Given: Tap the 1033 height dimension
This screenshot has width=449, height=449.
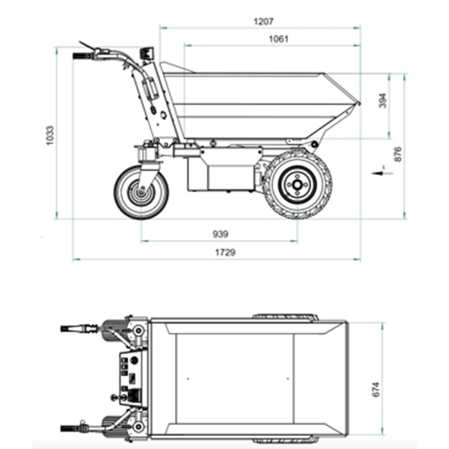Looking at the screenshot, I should (x=51, y=135).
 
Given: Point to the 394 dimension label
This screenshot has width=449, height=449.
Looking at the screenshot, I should (x=383, y=101).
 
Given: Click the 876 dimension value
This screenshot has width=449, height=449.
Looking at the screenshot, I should (x=398, y=155).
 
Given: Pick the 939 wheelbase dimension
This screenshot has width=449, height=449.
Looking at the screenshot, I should (x=219, y=234).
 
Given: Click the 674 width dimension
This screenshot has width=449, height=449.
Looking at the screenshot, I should (x=377, y=389).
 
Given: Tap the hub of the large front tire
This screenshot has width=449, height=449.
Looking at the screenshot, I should (x=296, y=184).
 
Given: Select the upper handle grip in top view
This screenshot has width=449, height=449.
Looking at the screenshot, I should (x=71, y=328).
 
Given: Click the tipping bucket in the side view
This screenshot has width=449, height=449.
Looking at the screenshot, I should (x=257, y=103).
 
